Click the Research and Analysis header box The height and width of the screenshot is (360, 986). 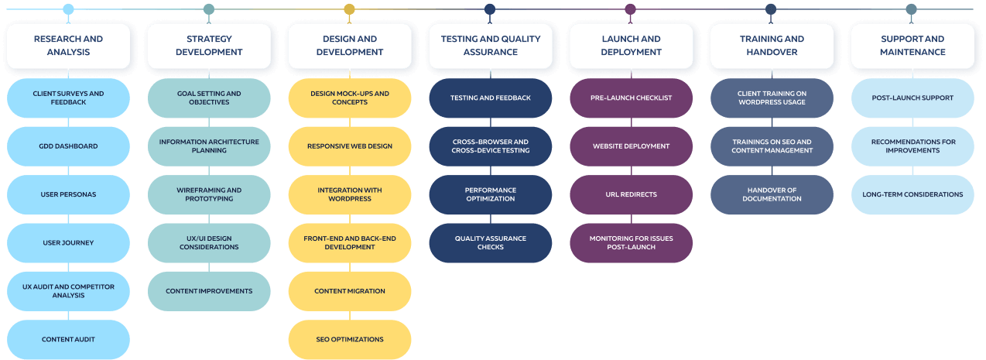point(68,46)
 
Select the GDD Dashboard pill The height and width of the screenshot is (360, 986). point(68,146)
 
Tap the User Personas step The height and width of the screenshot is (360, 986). point(68,194)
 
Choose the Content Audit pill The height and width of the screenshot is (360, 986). point(68,339)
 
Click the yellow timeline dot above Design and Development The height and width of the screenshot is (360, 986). point(349,9)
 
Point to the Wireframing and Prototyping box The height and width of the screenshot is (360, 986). point(209,194)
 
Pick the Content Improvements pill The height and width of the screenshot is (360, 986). point(209,291)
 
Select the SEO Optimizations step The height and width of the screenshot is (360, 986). point(350,339)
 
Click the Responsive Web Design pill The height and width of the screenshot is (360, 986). point(350,146)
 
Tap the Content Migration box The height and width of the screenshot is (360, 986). point(350,291)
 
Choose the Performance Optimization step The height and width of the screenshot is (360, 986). point(491,194)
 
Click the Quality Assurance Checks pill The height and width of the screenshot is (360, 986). point(491,243)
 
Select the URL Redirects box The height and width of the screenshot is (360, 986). point(632,194)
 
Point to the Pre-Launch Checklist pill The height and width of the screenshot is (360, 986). point(632,98)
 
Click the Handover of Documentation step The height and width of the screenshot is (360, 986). point(772,194)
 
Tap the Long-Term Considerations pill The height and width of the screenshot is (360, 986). point(912,194)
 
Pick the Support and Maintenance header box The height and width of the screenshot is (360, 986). point(912,46)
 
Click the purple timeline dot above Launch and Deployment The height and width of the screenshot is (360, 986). point(630,9)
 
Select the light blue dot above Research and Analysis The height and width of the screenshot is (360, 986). point(68,9)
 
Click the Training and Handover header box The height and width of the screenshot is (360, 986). point(772,46)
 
